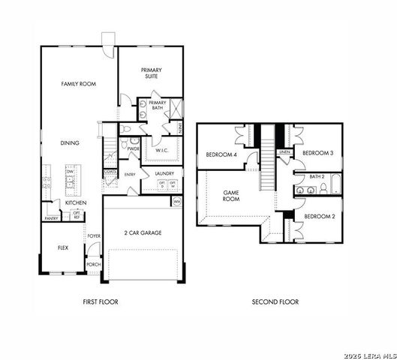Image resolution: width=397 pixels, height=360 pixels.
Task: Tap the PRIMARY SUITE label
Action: [x=152, y=73]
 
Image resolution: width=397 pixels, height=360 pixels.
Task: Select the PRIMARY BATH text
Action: [x=158, y=105]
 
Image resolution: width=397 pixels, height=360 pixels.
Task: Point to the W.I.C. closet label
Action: [x=161, y=150]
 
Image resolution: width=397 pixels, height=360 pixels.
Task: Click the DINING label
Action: [x=70, y=142]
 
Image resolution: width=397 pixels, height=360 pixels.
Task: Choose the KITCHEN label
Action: [x=75, y=202]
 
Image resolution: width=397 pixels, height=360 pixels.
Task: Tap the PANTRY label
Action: [x=51, y=219]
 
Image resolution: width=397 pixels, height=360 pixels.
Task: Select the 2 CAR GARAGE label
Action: [x=143, y=232]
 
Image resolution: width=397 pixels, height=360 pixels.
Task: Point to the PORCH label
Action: [x=94, y=264]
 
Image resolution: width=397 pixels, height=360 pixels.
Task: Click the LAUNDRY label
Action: [x=164, y=174]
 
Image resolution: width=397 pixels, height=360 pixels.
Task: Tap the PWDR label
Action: [x=134, y=149]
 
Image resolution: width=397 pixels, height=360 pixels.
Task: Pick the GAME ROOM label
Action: [x=231, y=196]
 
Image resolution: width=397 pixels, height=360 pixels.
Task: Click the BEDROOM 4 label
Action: [x=221, y=155]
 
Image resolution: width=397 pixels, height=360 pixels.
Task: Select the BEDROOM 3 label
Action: [x=317, y=153]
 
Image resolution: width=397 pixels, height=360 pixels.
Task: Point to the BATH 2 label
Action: [x=317, y=176]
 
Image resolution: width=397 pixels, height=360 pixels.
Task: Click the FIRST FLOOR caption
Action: [x=101, y=302]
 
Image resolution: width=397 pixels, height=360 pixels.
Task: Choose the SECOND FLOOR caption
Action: [x=275, y=302]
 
